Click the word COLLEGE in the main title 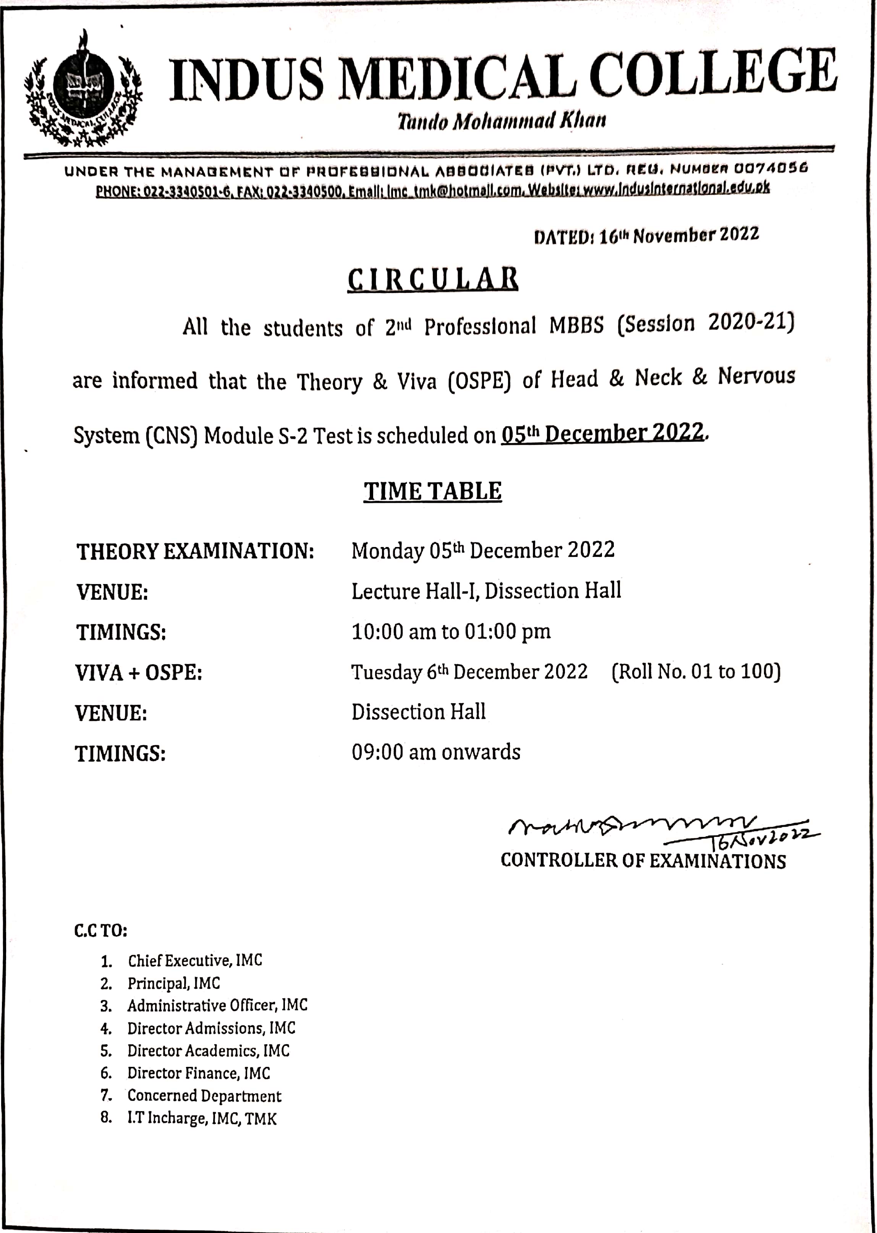(x=713, y=77)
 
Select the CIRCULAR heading (x=432, y=279)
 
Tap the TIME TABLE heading (x=432, y=492)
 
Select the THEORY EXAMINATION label (x=195, y=552)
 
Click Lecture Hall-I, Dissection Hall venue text (x=486, y=591)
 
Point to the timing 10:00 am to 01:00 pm (x=451, y=631)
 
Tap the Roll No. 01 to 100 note (x=696, y=672)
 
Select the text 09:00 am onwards (x=436, y=752)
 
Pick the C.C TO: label (x=100, y=930)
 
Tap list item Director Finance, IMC (x=198, y=1073)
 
